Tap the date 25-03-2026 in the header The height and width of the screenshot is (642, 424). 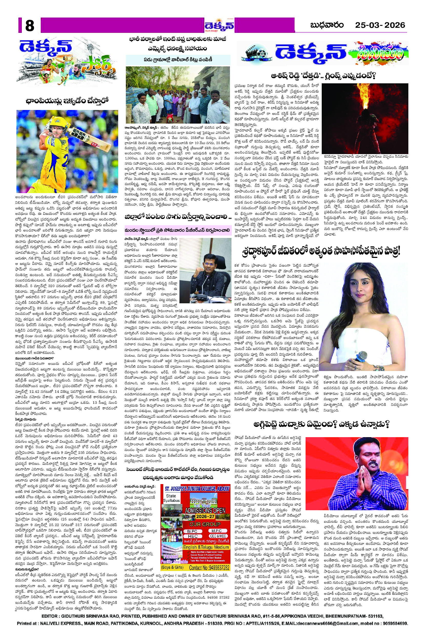click(x=380, y=25)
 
